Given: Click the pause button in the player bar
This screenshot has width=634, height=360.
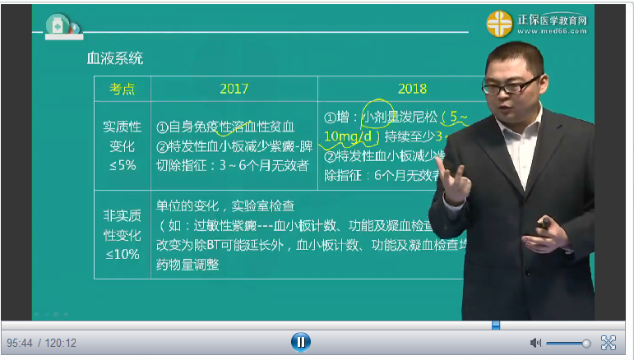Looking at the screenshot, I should (301, 341).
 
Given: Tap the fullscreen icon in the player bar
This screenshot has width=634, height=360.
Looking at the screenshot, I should (609, 342).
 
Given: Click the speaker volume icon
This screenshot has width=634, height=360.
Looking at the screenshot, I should (535, 342).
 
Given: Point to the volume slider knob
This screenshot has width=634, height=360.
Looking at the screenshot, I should (586, 343).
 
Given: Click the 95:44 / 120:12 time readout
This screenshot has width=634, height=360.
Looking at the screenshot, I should (42, 343).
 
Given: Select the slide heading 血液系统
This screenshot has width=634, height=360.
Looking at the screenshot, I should (115, 58).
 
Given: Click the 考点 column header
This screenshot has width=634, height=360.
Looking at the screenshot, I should (123, 88).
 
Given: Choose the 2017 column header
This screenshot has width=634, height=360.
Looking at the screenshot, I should (234, 88).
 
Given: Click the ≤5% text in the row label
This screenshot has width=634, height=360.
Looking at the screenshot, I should (122, 164).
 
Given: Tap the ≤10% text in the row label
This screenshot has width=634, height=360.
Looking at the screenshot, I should (122, 254).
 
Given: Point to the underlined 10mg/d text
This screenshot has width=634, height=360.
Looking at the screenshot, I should (350, 136).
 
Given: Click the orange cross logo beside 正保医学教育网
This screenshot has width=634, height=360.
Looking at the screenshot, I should (498, 24).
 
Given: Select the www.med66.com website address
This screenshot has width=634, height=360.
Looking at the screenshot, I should (560, 32).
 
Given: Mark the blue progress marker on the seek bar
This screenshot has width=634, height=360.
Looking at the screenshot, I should (496, 325).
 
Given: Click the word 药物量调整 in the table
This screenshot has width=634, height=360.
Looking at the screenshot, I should (187, 264).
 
